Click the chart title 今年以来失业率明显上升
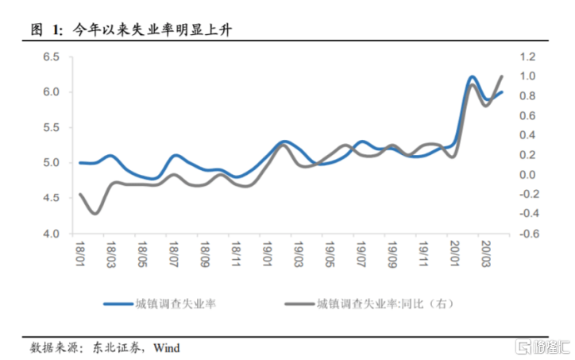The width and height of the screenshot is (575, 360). coord(156,29)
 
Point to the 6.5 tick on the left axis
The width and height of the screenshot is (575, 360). coord(52,57)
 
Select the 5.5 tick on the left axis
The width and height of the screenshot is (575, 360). coord(52,128)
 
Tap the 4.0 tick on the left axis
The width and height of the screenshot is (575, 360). coord(52,234)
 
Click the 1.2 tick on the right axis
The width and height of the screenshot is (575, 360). coord(527,57)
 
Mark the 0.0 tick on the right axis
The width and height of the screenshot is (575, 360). coord(527,175)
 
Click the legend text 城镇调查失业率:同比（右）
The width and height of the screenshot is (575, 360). coord(384,303)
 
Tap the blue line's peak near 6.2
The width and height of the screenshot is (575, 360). coord(472,77)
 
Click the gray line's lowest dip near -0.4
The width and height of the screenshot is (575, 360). coord(95,213)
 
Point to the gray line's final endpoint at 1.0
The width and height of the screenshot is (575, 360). coord(502,76)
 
